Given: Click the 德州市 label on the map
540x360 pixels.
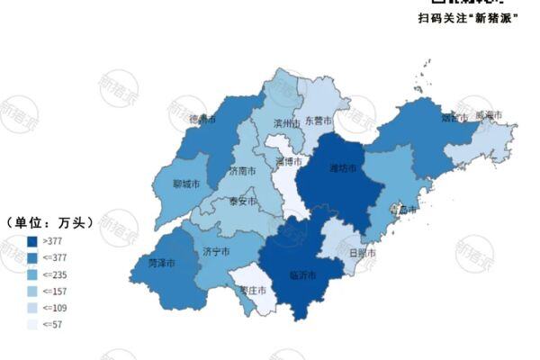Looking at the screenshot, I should (202, 119).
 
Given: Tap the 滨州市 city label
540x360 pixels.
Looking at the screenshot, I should (286, 123).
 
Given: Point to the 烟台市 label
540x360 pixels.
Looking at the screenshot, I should (453, 117).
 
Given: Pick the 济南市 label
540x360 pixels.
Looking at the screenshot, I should (243, 170).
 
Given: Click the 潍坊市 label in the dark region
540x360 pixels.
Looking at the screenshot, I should (344, 167).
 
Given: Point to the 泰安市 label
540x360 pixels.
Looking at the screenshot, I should (242, 202).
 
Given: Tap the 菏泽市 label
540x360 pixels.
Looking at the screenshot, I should (161, 264).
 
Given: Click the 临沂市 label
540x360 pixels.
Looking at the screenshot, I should (302, 274).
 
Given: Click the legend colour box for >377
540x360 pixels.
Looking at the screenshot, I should (32, 240).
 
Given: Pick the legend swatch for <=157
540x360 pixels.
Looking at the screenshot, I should (32, 292).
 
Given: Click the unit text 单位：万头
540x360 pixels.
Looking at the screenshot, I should (44, 222).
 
